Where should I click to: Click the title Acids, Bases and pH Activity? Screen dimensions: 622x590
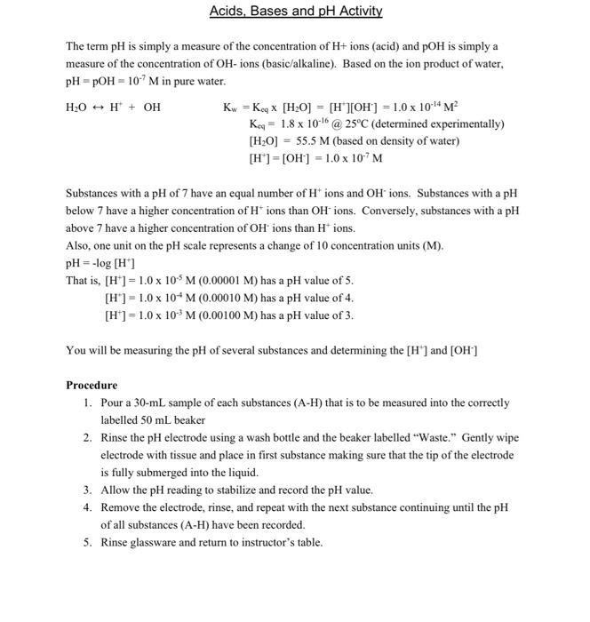click(295, 12)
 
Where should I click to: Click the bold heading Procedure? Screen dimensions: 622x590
click(92, 385)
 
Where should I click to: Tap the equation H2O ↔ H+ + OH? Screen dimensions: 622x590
click(114, 108)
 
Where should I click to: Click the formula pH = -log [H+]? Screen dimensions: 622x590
click(100, 263)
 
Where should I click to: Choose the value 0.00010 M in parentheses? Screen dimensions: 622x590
click(226, 298)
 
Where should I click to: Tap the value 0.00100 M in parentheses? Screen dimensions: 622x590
click(226, 315)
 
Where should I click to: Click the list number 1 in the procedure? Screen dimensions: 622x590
click(88, 403)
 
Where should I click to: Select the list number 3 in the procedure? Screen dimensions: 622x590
click(88, 490)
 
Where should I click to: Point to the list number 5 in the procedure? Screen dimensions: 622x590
click(88, 542)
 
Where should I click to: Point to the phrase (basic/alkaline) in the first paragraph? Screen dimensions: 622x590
click(292, 64)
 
